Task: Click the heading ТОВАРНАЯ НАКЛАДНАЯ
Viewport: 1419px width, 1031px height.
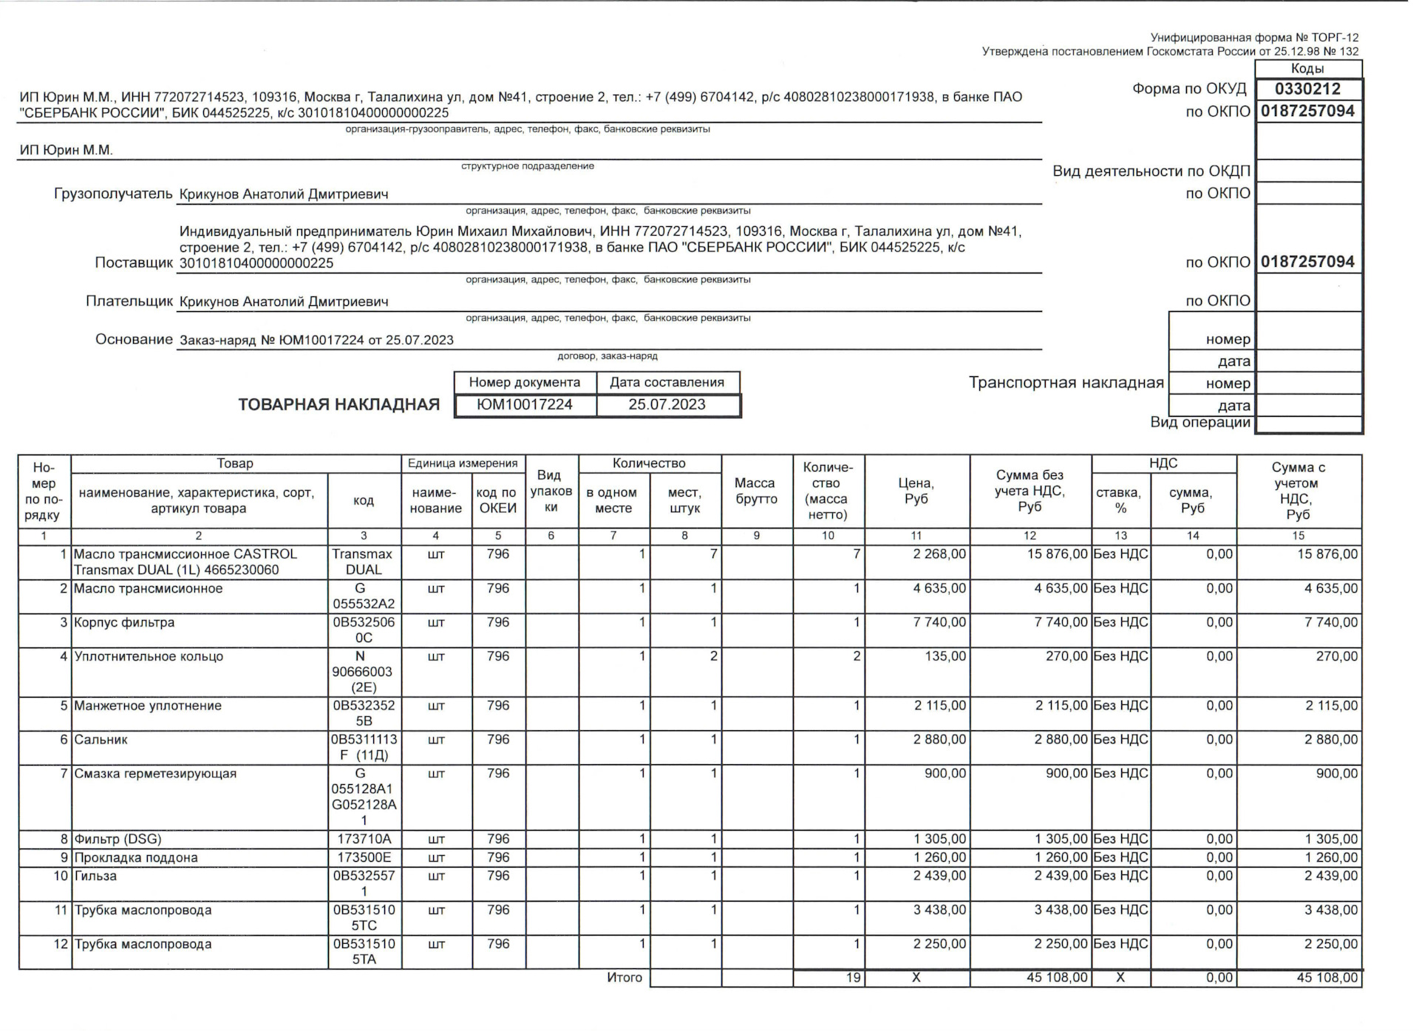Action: pos(338,405)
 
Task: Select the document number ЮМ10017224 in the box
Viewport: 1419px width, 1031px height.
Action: pos(525,405)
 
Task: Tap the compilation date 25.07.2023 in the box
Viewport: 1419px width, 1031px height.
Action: pos(667,405)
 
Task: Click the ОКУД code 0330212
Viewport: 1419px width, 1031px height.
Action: pos(1307,89)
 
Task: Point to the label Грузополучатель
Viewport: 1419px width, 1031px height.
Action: pos(113,194)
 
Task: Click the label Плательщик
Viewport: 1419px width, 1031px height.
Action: pos(129,302)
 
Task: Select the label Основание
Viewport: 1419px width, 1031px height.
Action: pos(134,340)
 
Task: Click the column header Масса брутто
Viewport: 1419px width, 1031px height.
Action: pos(756,491)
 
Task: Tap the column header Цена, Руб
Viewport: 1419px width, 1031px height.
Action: pos(916,491)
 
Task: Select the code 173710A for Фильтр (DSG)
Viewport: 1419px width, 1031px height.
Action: pos(364,840)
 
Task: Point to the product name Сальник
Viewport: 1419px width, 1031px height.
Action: pos(101,740)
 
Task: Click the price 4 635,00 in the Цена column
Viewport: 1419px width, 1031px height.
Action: pos(939,589)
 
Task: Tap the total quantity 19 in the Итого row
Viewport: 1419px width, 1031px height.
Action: pos(854,978)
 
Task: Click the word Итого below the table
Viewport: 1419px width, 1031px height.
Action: pos(625,978)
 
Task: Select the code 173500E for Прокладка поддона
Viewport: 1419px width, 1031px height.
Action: pos(364,858)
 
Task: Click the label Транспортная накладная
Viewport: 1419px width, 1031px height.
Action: pos(1066,383)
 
